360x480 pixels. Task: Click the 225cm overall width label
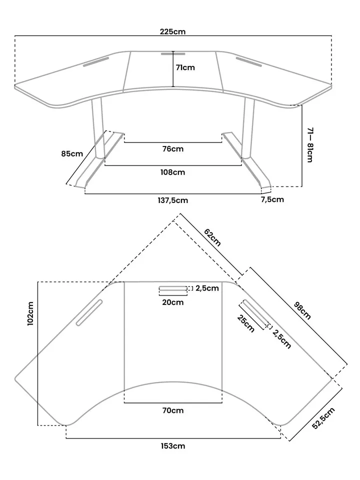click(x=173, y=31)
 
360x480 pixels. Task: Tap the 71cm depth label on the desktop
click(x=185, y=67)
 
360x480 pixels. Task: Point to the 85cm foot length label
click(x=72, y=153)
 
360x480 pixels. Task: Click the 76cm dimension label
click(x=173, y=148)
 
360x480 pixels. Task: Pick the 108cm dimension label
click(x=173, y=172)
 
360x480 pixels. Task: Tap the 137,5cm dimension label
click(x=173, y=200)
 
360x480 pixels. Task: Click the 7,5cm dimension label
click(x=272, y=199)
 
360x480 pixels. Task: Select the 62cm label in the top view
click(x=212, y=237)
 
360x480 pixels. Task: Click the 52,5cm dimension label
click(x=322, y=418)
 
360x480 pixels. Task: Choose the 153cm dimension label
click(x=173, y=445)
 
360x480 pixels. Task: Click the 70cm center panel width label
click(x=173, y=410)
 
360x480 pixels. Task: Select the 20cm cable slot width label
click(x=172, y=302)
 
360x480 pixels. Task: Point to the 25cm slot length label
click(x=246, y=323)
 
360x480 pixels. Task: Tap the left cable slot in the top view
click(x=89, y=313)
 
